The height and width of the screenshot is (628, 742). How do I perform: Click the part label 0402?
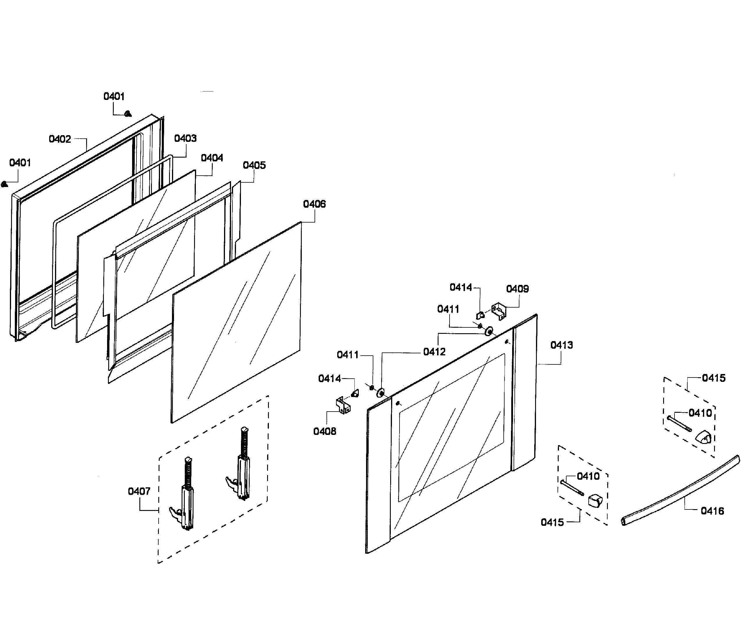tap(60, 139)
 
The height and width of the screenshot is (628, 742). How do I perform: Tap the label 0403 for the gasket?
tap(185, 138)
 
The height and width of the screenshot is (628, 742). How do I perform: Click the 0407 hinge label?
tap(139, 492)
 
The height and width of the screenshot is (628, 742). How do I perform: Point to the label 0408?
tap(324, 431)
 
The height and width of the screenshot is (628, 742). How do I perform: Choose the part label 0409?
tap(517, 289)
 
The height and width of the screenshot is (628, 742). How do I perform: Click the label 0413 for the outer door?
tap(561, 345)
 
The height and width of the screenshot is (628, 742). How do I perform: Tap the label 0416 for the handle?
tap(712, 511)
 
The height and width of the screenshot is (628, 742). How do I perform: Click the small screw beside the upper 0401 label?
tap(128, 114)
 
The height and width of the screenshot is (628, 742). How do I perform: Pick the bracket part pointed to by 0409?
tap(499, 311)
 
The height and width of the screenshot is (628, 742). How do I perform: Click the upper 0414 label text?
tap(461, 287)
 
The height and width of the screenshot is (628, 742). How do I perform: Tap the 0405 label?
tap(254, 165)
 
